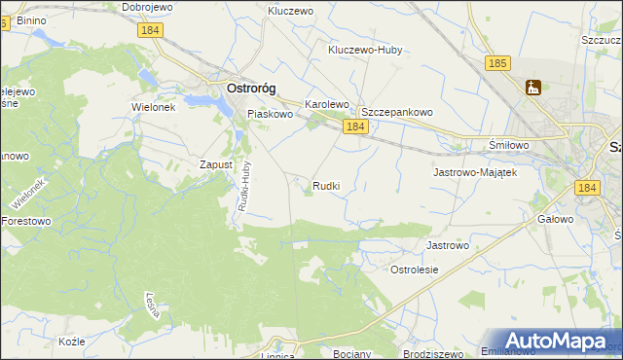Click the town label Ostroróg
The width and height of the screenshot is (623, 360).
tap(251, 88)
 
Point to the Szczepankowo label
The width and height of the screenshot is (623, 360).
tap(397, 112)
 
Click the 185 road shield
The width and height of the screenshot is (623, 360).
tap(498, 63)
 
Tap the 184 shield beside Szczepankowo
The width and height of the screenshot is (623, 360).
tap(355, 127)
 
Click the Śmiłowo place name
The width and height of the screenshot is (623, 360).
tap(507, 145)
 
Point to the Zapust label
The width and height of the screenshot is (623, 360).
tap(216, 164)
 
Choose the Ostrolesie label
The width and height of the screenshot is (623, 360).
tap(415, 269)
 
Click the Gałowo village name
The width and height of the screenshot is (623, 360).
tap(555, 220)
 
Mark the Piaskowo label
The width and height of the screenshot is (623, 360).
tap(270, 114)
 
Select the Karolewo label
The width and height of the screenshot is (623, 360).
tap(327, 103)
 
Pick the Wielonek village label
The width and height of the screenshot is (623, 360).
tap(153, 107)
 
